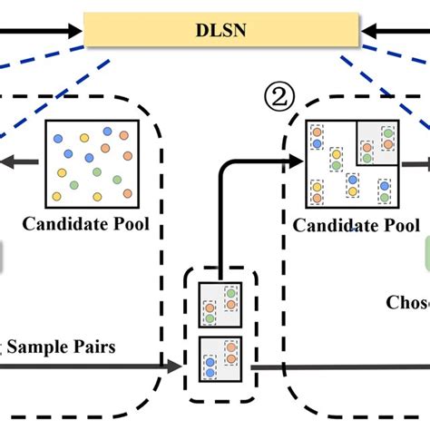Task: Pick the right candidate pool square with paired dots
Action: coord(350,163)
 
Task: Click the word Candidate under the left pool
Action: coord(68,222)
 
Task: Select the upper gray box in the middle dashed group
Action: coord(219,304)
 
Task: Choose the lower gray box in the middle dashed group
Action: coord(219,358)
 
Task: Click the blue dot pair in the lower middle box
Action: coord(210,366)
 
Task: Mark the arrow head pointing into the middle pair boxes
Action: coord(174,367)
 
